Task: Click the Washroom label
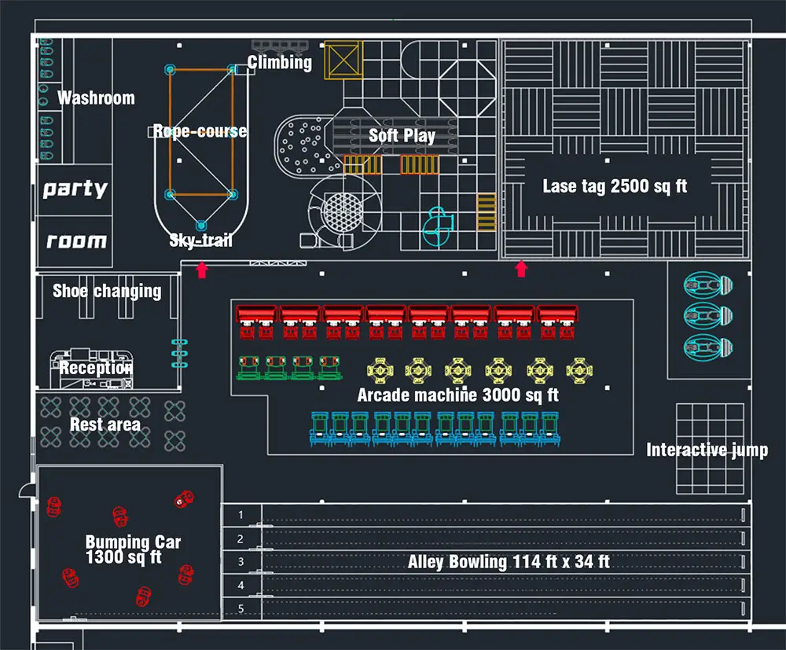[96, 97]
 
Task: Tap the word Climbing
[279, 62]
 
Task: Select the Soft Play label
[402, 135]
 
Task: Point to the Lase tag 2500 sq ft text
[615, 186]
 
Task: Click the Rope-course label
[200, 131]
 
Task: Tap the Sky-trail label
[201, 240]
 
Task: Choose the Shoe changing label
[107, 291]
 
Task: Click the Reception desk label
[96, 368]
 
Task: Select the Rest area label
[105, 424]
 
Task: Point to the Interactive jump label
[707, 450]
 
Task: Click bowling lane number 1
[241, 515]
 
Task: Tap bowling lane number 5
[241, 608]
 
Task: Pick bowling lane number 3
[241, 562]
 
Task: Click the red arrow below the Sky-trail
[202, 270]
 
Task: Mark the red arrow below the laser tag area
[521, 269]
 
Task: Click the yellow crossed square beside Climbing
[343, 61]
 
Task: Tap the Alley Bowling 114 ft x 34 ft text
[509, 562]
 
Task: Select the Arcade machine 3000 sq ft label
[457, 395]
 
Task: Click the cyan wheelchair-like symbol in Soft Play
[438, 227]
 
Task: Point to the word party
[75, 189]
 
